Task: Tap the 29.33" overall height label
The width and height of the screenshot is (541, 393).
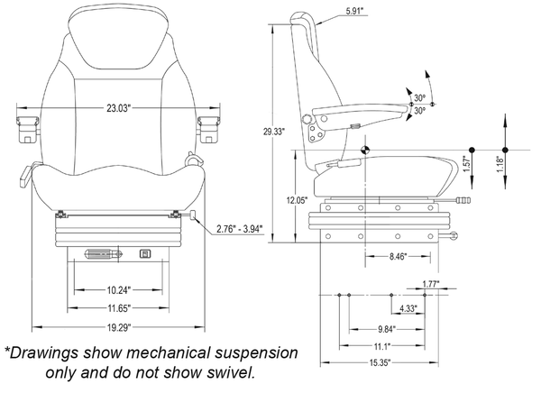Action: click(x=272, y=132)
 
